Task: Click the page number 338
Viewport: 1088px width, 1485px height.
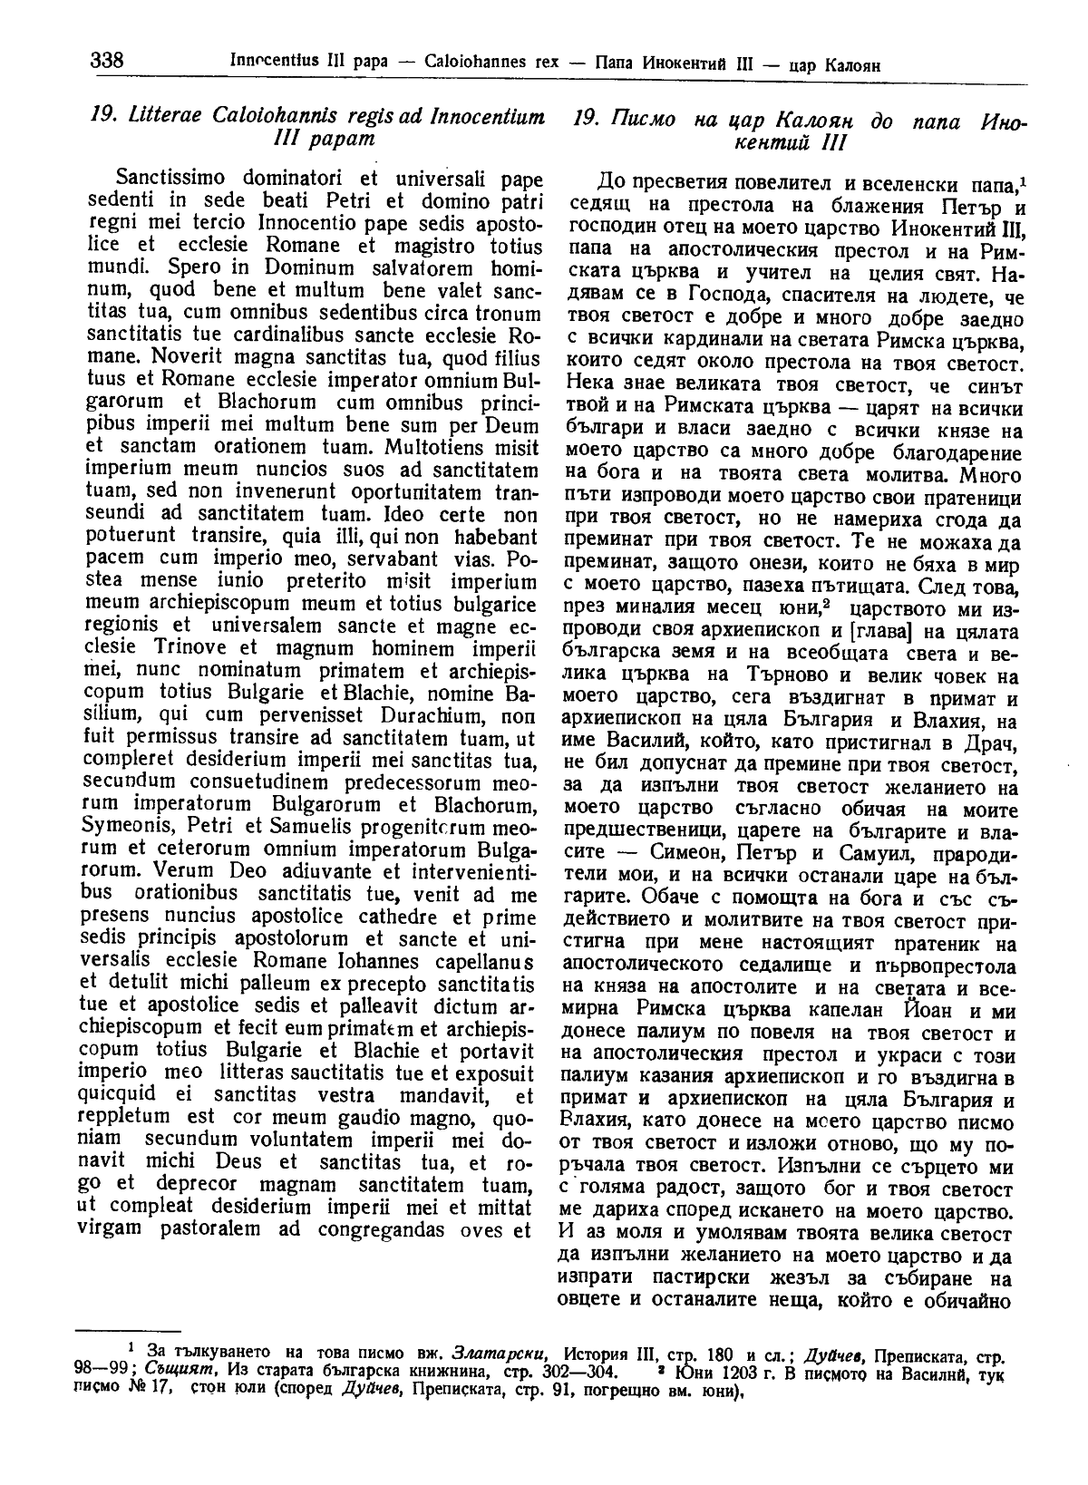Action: pos(107,62)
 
